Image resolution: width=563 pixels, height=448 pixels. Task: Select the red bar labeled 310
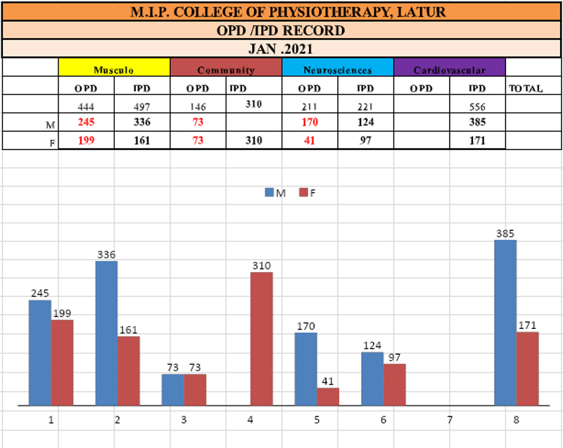(261, 339)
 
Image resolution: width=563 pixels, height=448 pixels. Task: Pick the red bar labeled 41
(328, 397)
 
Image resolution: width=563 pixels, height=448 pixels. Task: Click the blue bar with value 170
(306, 369)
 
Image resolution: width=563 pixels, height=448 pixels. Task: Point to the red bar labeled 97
(394, 385)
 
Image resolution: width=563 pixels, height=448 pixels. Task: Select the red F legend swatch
(304, 192)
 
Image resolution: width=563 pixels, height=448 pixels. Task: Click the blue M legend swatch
(270, 192)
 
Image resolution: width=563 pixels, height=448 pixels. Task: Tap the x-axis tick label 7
(449, 420)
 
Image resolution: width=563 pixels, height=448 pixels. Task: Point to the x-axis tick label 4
(250, 420)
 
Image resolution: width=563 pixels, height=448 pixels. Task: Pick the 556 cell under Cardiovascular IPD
(477, 106)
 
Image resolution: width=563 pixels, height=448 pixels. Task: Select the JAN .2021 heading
(281, 49)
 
